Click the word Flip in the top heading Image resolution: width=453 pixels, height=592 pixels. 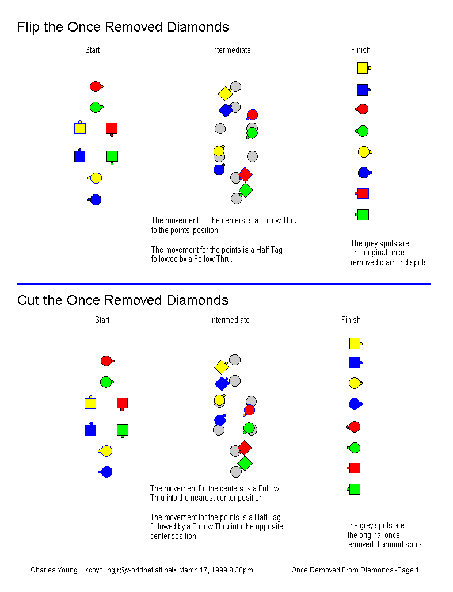[x=29, y=27]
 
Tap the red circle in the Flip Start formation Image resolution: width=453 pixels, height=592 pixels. [x=96, y=86]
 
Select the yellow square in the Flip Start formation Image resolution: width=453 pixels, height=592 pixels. [x=79, y=128]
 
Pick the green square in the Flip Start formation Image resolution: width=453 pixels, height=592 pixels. [x=112, y=156]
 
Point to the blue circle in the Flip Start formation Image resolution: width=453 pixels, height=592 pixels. [x=95, y=199]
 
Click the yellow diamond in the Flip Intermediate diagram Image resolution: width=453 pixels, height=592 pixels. [x=225, y=93]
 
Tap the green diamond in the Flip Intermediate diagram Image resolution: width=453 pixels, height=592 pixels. [x=246, y=190]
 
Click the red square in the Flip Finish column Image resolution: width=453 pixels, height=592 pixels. [x=362, y=194]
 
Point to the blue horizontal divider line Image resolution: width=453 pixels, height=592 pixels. [x=224, y=284]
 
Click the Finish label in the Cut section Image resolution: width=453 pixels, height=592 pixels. [x=351, y=320]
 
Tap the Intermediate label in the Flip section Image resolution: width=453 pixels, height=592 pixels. [x=231, y=50]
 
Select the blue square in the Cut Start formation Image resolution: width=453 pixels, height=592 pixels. [x=91, y=429]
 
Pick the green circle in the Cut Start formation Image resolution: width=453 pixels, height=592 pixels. [x=107, y=381]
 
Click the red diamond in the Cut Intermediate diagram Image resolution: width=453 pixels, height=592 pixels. [x=245, y=448]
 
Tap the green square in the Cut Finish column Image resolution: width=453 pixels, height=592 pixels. [x=354, y=489]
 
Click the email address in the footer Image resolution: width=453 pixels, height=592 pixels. [x=131, y=570]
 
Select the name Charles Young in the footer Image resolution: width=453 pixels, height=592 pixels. [x=54, y=570]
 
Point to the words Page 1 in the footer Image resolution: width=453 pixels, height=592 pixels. [x=408, y=570]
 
